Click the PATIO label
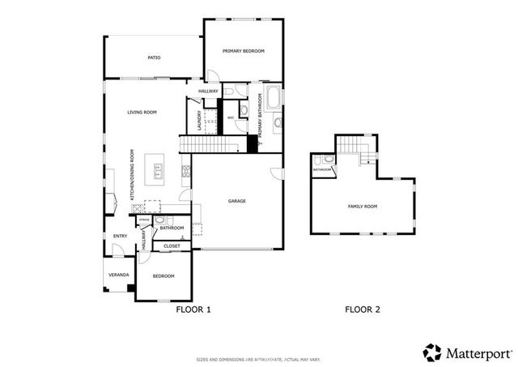[x=153, y=58]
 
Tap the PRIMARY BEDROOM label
[x=244, y=51]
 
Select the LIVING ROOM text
[x=142, y=112]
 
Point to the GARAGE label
[x=236, y=201]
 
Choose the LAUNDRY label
[x=199, y=121]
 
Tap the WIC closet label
[x=231, y=118]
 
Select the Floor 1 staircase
[x=210, y=144]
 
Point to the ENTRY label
[x=120, y=237]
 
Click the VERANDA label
[x=119, y=275]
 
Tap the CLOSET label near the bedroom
[x=172, y=245]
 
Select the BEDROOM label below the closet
[x=163, y=276]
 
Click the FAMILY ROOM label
[x=363, y=207]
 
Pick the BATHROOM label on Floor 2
[x=322, y=170]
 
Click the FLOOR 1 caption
[x=193, y=309]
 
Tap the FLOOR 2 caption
[x=363, y=309]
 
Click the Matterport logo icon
[x=432, y=352]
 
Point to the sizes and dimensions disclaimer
[x=258, y=359]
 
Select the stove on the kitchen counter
[x=185, y=171]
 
